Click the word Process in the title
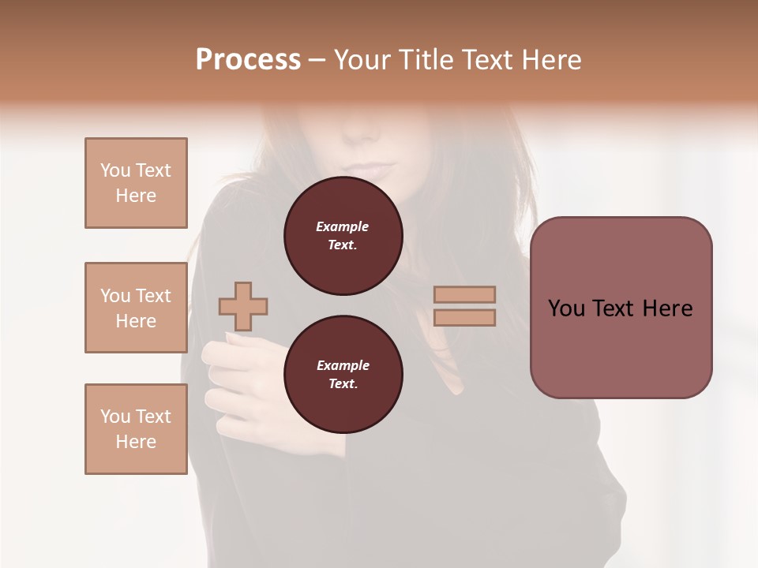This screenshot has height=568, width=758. tap(248, 60)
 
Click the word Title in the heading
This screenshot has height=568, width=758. tap(423, 60)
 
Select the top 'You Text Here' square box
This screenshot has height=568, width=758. tap(136, 183)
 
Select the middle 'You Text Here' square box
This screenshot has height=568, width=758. tap(136, 308)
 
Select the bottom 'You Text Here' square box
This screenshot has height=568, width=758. tap(136, 429)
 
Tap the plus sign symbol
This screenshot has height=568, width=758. tap(243, 306)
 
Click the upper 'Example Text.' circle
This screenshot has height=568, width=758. tap(343, 236)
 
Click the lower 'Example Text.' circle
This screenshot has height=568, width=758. tap(343, 375)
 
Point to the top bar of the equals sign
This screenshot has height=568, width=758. tap(464, 295)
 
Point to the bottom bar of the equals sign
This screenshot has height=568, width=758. tap(464, 318)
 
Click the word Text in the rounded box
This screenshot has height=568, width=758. tap(620, 308)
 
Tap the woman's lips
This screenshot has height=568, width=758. tap(373, 170)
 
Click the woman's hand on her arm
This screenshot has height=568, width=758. tap(237, 363)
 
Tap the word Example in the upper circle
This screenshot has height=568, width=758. tap(342, 226)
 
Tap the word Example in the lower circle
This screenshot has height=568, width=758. tap(343, 365)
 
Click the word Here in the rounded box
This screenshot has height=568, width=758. tap(669, 308)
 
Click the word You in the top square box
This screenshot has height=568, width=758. tap(115, 170)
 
